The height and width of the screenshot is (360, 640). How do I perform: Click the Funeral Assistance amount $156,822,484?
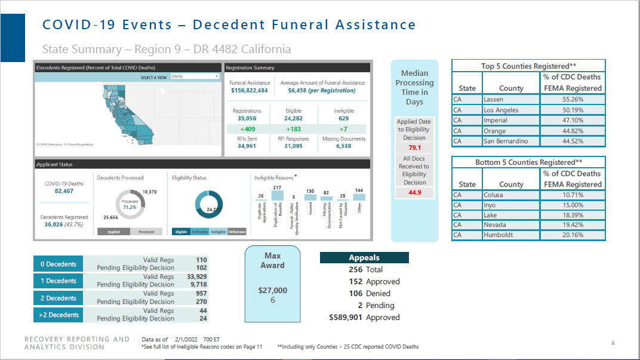pyautogui.click(x=250, y=91)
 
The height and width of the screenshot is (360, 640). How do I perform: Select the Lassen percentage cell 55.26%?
pyautogui.click(x=572, y=99)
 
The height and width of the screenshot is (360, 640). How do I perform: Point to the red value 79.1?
pyautogui.click(x=414, y=147)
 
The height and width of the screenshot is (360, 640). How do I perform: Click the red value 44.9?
pyautogui.click(x=414, y=192)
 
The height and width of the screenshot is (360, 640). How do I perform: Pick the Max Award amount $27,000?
pyautogui.click(x=272, y=291)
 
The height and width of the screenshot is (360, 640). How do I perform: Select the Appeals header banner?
pyautogui.click(x=364, y=258)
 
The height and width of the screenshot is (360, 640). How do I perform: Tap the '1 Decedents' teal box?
pyautogui.click(x=58, y=281)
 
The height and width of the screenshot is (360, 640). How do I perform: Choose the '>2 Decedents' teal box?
pyautogui.click(x=58, y=315)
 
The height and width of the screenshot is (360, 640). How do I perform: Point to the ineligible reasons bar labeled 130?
pyautogui.click(x=310, y=197)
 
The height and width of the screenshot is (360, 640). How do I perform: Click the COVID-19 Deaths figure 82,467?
pyautogui.click(x=64, y=191)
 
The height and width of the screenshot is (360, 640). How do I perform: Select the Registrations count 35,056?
pyautogui.click(x=247, y=118)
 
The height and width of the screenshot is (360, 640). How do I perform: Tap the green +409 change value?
pyautogui.click(x=247, y=129)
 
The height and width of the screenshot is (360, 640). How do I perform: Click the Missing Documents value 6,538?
pyautogui.click(x=343, y=146)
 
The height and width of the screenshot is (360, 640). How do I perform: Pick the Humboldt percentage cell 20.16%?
pyautogui.click(x=572, y=235)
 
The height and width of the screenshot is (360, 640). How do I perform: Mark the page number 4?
pyautogui.click(x=613, y=343)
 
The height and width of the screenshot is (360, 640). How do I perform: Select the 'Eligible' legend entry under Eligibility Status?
pyautogui.click(x=181, y=232)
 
